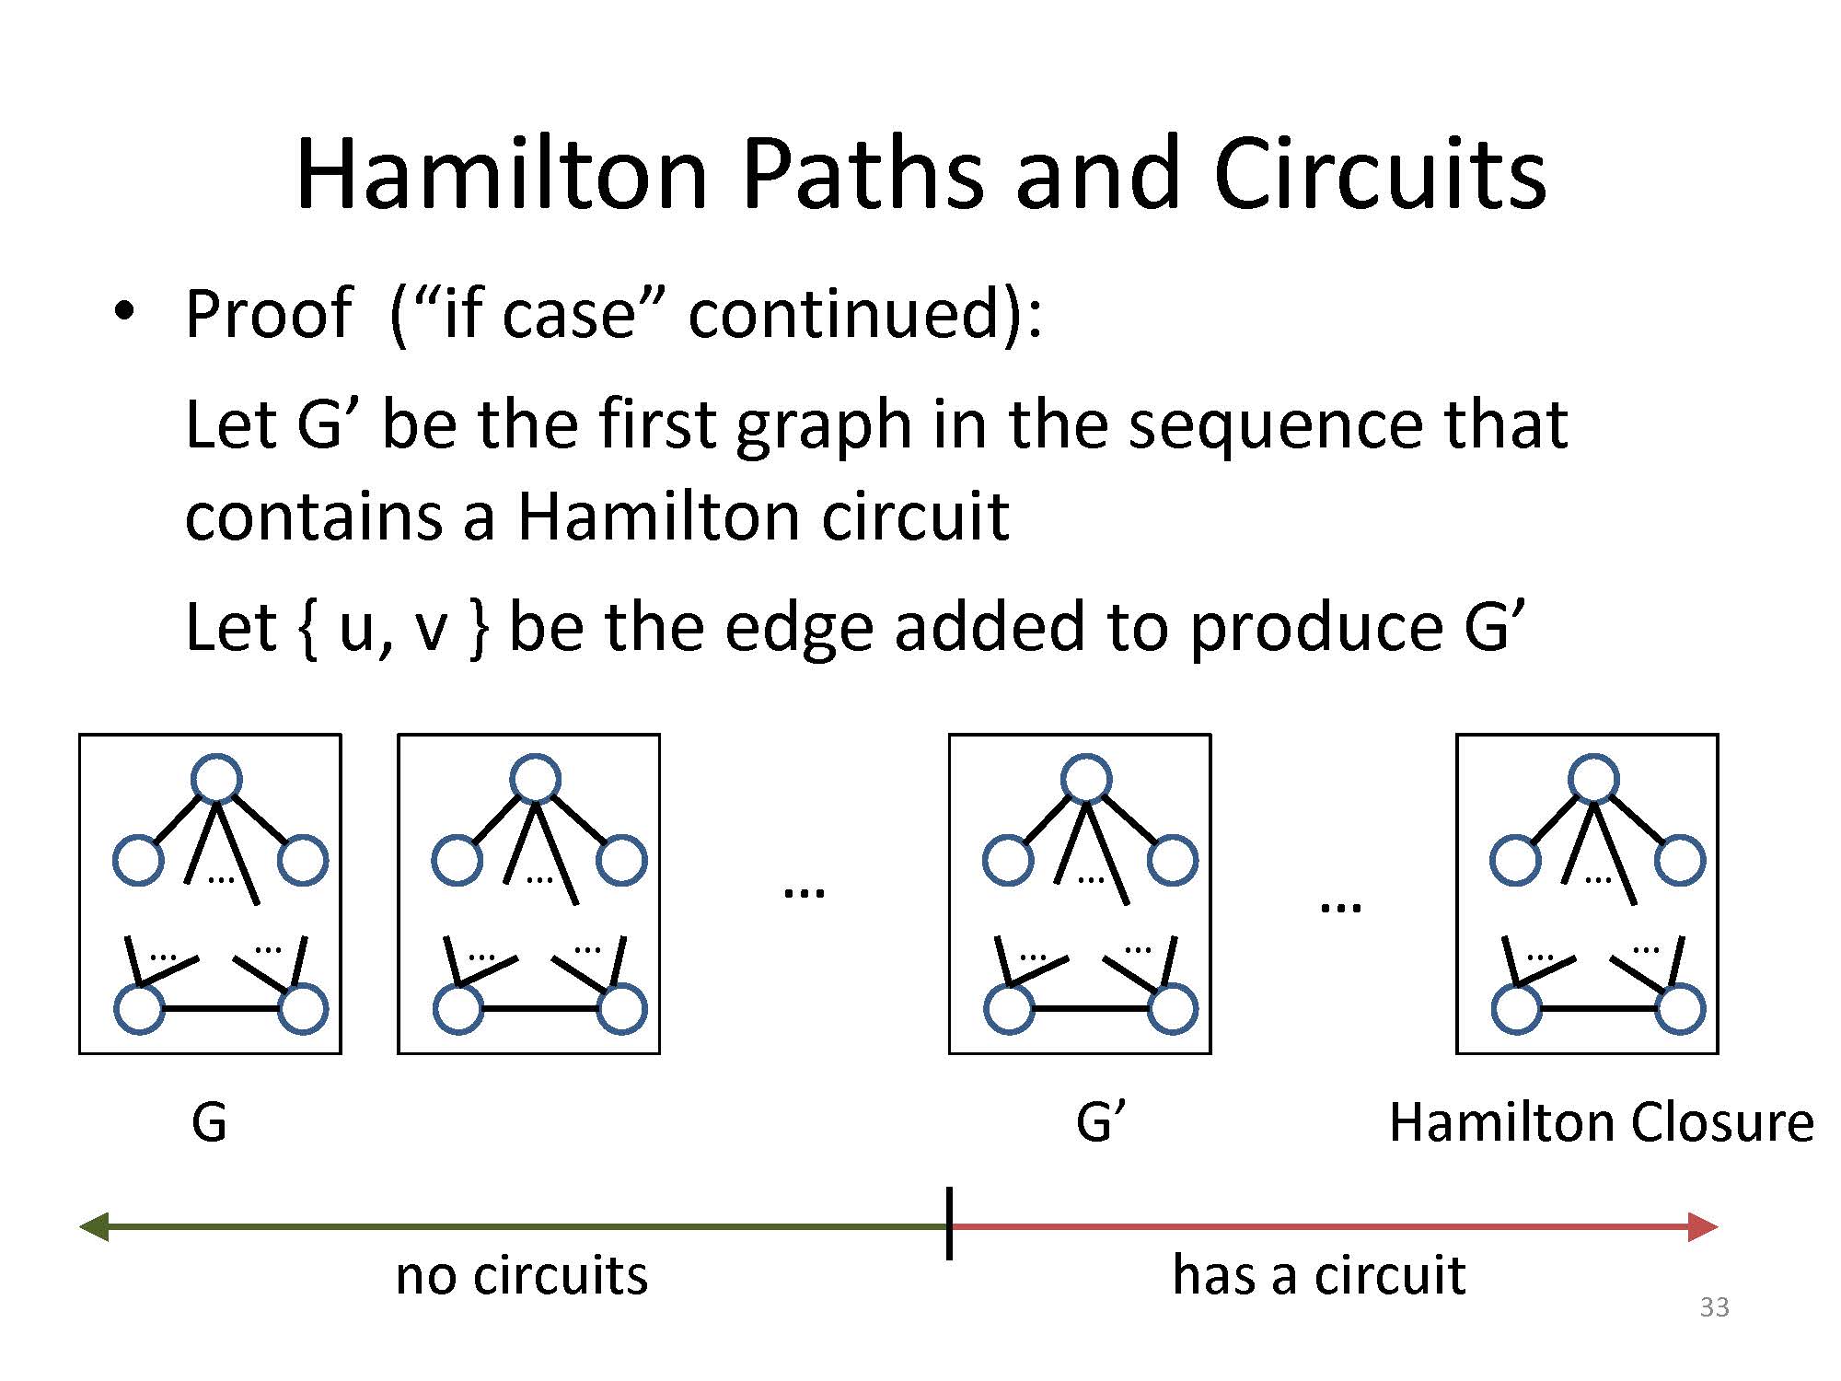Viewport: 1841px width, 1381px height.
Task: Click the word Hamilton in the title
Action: [x=502, y=174]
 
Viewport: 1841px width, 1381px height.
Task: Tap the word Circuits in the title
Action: [x=1380, y=174]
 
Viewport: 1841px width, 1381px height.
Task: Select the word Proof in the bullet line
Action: [x=268, y=314]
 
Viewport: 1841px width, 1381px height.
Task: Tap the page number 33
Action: [x=1714, y=1307]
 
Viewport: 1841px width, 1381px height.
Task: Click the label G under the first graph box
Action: [x=209, y=1122]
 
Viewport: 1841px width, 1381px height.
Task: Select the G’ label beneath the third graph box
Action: [x=1100, y=1122]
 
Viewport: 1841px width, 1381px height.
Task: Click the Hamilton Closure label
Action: [x=1601, y=1122]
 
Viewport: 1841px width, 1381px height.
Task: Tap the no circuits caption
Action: [x=522, y=1275]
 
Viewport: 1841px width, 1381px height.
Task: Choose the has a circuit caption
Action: [x=1318, y=1275]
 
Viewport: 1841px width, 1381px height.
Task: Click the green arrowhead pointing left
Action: [x=94, y=1226]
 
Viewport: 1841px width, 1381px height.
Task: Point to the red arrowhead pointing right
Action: [x=1703, y=1226]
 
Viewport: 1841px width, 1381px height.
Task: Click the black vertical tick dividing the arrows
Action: [x=949, y=1224]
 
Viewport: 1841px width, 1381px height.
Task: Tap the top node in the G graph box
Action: [x=216, y=779]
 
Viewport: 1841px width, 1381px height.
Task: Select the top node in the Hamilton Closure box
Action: [x=1593, y=779]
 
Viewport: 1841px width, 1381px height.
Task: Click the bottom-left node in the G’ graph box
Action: [x=1009, y=1009]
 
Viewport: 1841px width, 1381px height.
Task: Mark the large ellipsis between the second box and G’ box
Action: [x=804, y=891]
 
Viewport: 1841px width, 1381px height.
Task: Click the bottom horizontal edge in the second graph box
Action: [x=540, y=1009]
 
